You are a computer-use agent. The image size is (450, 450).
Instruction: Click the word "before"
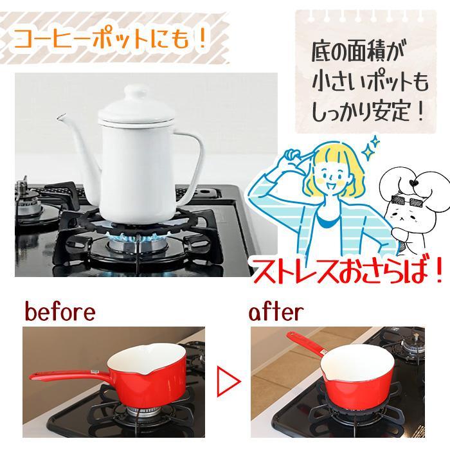60,313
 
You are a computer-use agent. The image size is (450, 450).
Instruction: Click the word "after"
276,313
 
